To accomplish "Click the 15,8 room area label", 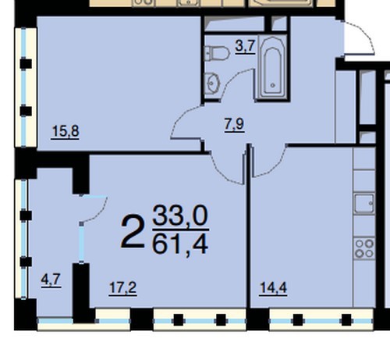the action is pos(65,131).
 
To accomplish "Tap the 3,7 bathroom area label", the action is pos(245,47).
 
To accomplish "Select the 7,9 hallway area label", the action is pos(234,124).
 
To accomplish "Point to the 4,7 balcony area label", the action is pos(51,280).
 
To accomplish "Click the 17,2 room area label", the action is pos(122,288).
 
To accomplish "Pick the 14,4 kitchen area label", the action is pos(273,288).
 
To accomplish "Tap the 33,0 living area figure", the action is pos(180,216).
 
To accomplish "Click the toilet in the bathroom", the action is pos(217,54).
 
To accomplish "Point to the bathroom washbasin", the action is pos(212,84).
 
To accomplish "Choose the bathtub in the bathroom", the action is pos(272,68).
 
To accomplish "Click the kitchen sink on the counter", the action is pos(364,203).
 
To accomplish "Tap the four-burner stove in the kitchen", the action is pos(364,248).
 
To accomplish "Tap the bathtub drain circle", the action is pos(272,85).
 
